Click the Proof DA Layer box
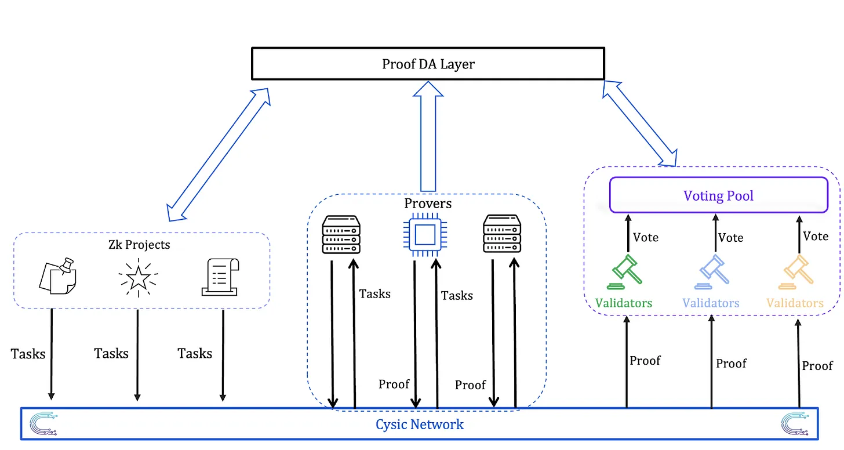click(x=428, y=64)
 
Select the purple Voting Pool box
click(x=719, y=195)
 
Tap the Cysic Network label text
click(x=420, y=424)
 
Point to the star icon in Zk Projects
click(x=138, y=277)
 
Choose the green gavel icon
click(x=625, y=273)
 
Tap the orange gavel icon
click(x=795, y=273)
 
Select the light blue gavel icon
click(x=712, y=273)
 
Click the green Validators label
click(x=624, y=303)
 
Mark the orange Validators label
click(x=795, y=303)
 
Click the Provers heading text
click(x=428, y=204)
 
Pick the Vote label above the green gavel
click(x=646, y=238)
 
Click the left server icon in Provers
click(x=341, y=234)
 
